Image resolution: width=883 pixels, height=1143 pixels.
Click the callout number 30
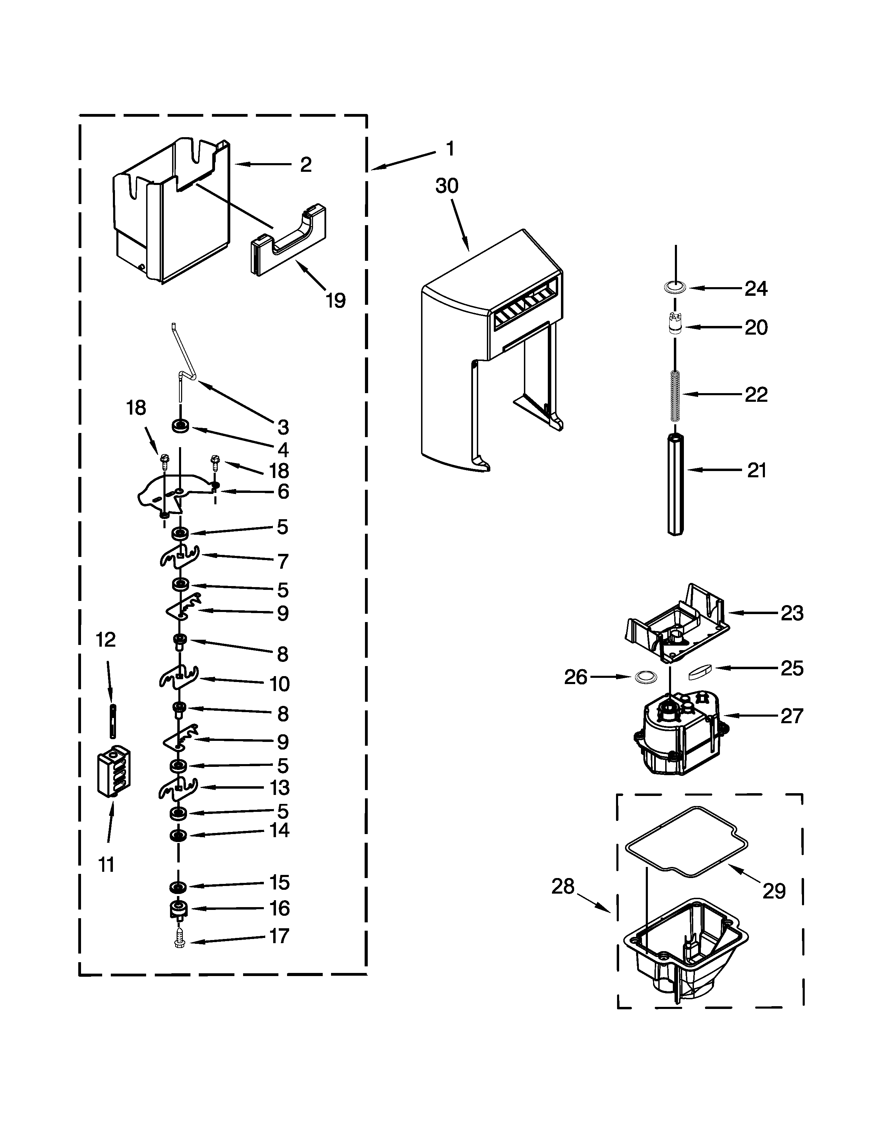pyautogui.click(x=447, y=186)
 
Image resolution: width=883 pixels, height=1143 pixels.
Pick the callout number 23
pyautogui.click(x=792, y=613)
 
